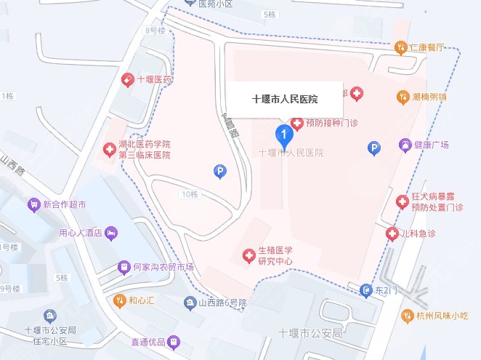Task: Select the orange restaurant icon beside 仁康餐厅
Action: (400, 48)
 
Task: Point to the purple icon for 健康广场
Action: (405, 145)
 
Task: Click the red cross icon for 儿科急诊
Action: (392, 233)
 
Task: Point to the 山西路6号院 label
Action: (222, 303)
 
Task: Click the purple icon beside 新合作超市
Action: (33, 206)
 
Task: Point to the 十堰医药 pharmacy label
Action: (154, 79)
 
